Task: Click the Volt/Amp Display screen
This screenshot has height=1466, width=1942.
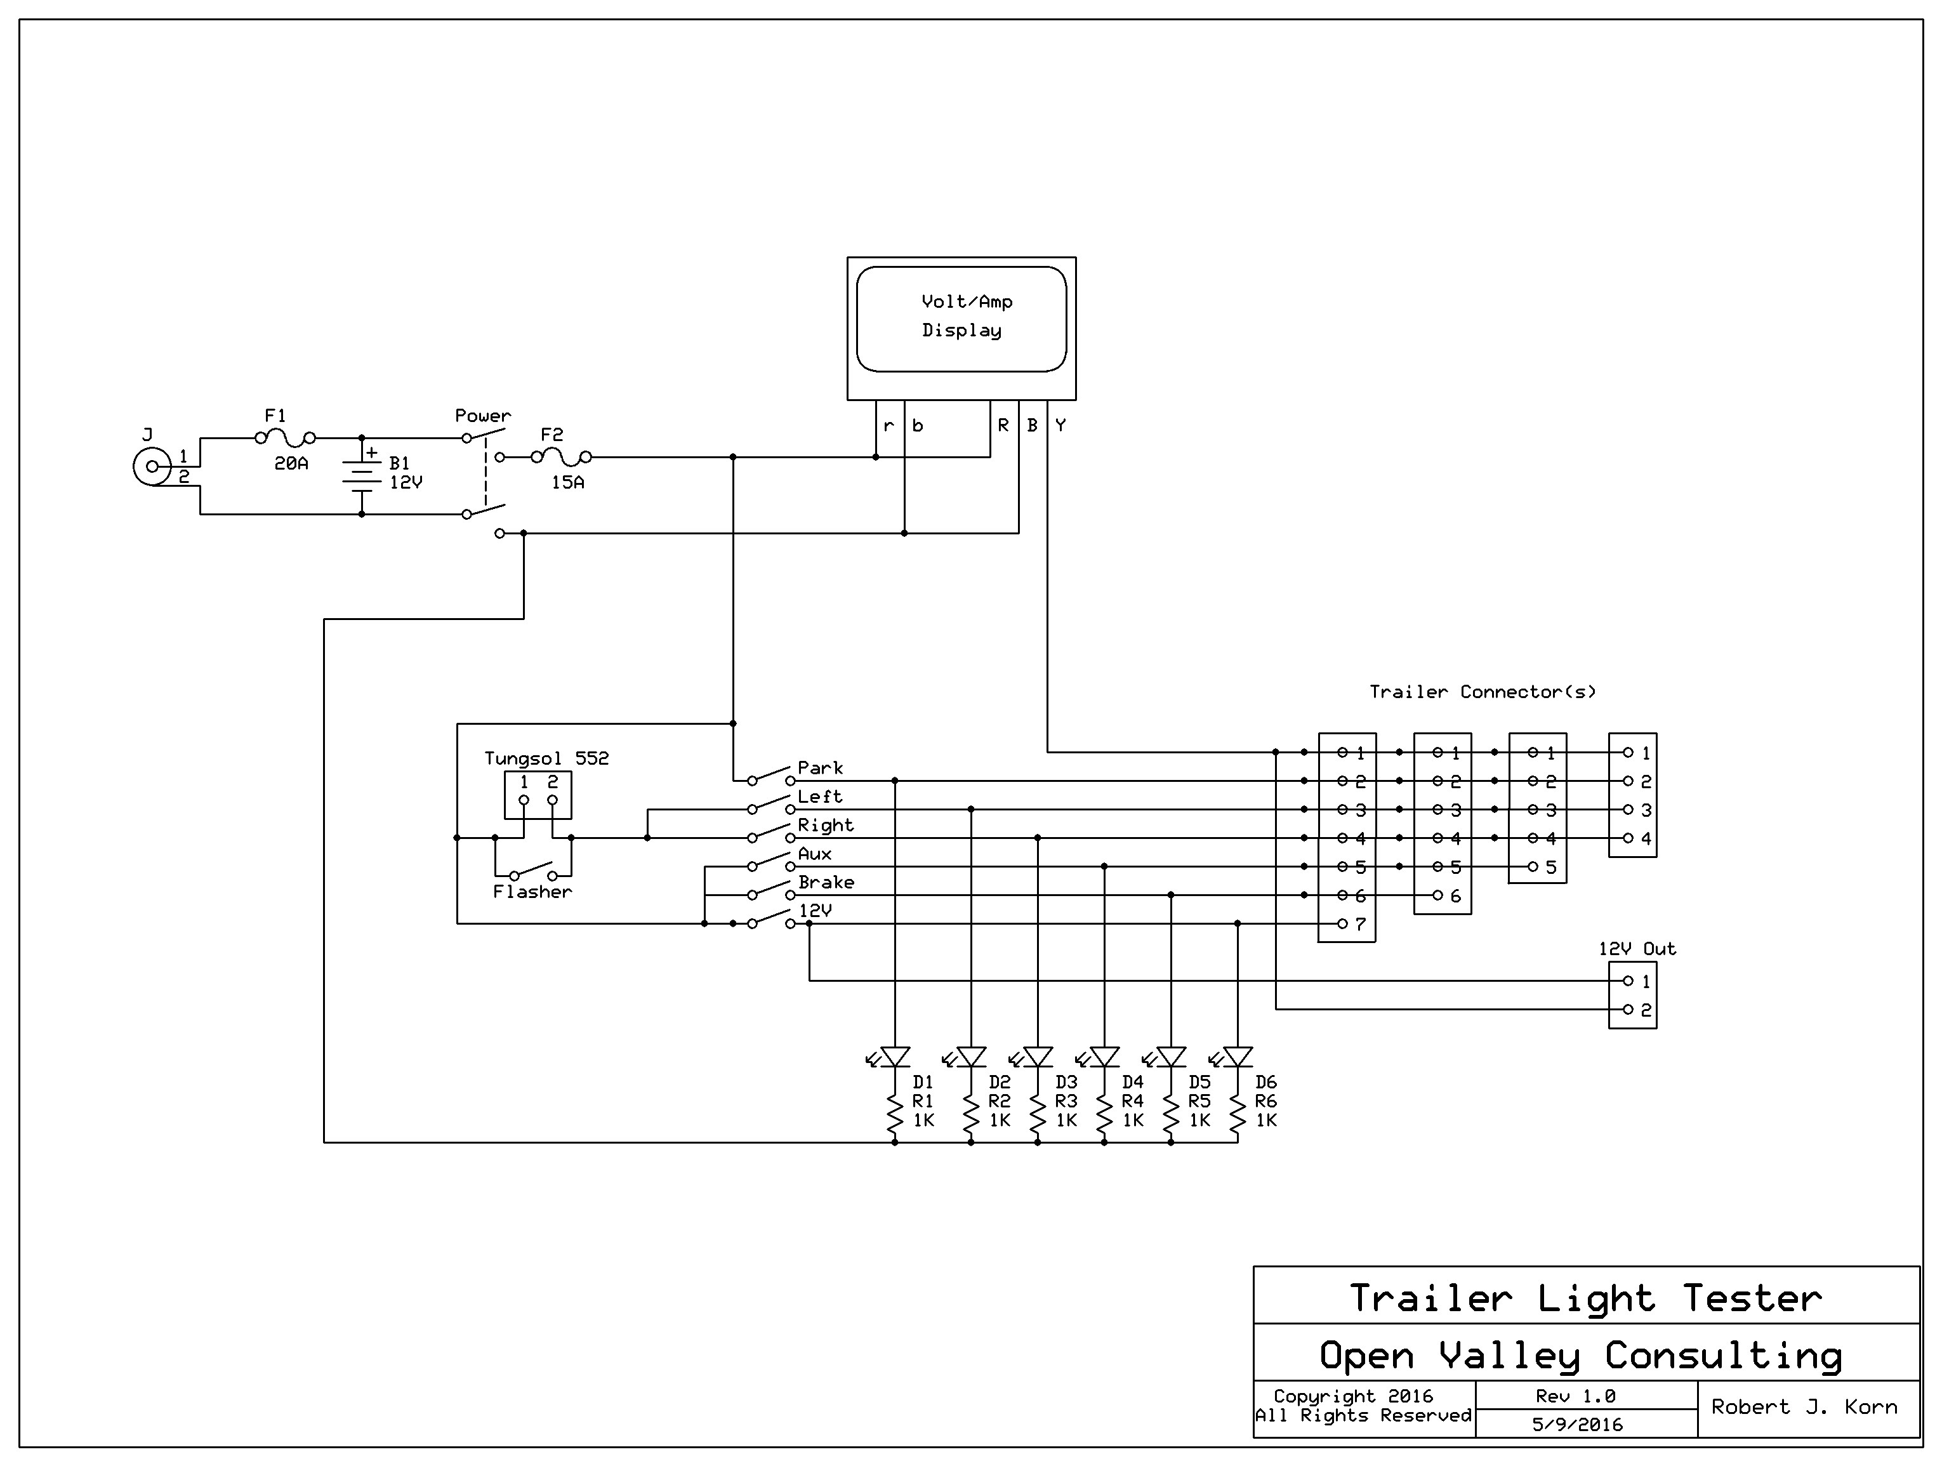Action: pos(961,318)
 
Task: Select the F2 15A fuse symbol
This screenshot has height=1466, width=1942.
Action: pos(561,456)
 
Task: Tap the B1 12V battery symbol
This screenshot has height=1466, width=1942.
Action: pos(362,477)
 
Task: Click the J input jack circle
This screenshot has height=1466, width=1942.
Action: pos(152,467)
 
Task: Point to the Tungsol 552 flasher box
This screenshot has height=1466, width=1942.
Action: pos(538,795)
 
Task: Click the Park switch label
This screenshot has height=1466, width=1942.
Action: pos(820,768)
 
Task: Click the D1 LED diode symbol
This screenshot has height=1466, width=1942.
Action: pos(895,1057)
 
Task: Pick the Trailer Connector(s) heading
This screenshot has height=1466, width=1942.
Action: pos(1482,692)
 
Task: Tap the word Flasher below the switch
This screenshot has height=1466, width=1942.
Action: pos(532,892)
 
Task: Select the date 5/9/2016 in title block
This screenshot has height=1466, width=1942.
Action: pos(1577,1425)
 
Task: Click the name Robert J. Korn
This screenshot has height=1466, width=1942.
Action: pos(1803,1407)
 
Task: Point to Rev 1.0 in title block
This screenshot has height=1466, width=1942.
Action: pos(1575,1396)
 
